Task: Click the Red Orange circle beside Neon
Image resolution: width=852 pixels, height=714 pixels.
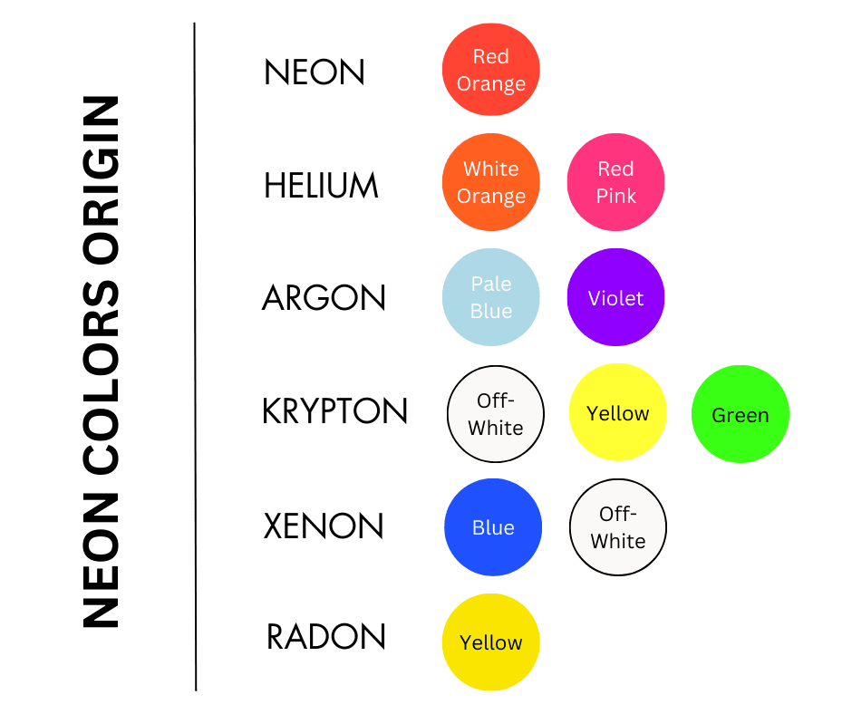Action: click(490, 70)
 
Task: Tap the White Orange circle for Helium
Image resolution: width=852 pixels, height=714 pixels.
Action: click(490, 182)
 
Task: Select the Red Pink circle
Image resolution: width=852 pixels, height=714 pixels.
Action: click(615, 182)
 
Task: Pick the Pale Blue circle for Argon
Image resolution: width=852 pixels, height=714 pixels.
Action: click(490, 297)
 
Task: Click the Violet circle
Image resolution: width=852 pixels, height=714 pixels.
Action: click(615, 297)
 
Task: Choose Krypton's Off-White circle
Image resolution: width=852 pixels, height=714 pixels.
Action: click(496, 414)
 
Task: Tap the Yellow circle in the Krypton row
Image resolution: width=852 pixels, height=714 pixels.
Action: click(618, 412)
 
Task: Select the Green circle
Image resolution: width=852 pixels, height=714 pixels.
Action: click(741, 414)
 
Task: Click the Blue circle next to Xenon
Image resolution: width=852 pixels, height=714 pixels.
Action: click(493, 527)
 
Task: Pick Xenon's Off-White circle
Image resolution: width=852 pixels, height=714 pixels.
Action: click(618, 527)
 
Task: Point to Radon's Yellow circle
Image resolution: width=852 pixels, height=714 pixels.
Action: click(490, 642)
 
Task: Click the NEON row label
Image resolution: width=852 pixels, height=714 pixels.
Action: click(315, 72)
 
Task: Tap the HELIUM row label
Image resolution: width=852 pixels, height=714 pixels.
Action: click(321, 185)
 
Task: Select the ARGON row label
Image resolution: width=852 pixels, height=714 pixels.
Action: click(324, 298)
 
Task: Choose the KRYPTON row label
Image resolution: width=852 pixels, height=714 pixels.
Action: click(334, 410)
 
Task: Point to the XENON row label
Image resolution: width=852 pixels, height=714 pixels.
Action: click(324, 526)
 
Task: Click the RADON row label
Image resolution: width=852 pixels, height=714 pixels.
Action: click(326, 636)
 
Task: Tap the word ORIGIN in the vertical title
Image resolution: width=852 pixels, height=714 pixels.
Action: click(102, 179)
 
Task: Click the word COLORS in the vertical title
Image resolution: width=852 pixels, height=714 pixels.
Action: click(102, 377)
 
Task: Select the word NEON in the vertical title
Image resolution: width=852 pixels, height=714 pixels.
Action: click(102, 560)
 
